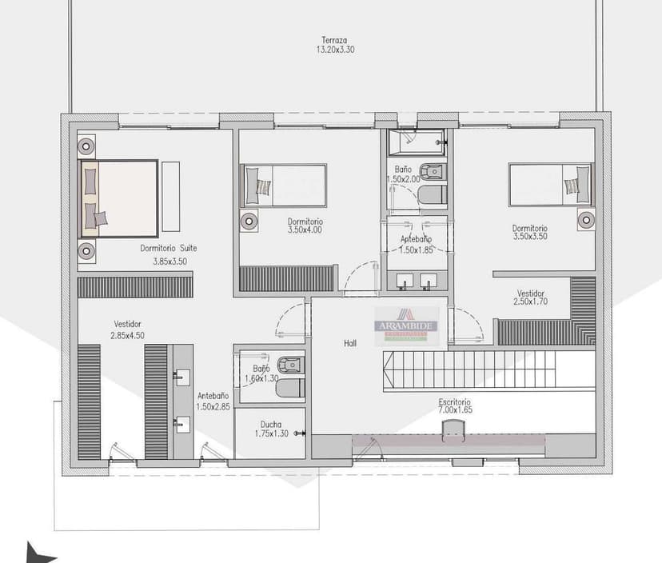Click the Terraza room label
(334, 40)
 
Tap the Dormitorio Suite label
(168, 248)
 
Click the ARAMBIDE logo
(407, 324)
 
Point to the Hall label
(350, 342)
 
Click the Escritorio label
(454, 401)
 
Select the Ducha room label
(270, 425)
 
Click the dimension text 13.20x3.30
(335, 50)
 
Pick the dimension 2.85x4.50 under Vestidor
(128, 335)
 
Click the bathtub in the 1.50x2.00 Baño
(416, 143)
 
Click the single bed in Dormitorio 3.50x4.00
(284, 186)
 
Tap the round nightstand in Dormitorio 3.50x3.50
(586, 218)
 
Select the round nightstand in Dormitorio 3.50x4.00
(249, 220)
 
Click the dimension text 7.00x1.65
(454, 410)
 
